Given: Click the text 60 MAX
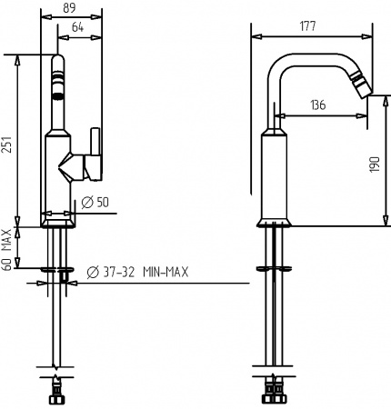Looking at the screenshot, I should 8,245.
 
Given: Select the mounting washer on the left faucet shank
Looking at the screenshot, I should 57,269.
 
